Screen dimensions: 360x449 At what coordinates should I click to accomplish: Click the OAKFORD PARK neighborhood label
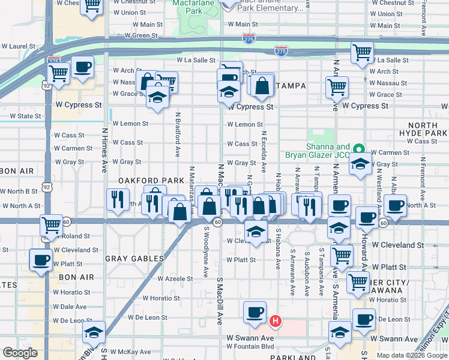[143, 180]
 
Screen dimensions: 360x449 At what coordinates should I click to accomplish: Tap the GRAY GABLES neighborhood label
[134, 259]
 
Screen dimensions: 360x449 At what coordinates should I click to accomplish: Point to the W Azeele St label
[175, 278]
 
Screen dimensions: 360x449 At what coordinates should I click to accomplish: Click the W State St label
[20, 116]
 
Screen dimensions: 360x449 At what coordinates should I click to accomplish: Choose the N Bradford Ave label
[178, 134]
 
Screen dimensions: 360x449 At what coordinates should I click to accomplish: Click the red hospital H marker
[275, 321]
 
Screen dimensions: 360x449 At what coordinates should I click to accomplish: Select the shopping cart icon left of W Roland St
[51, 225]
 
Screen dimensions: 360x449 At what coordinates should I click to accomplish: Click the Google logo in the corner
[20, 352]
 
